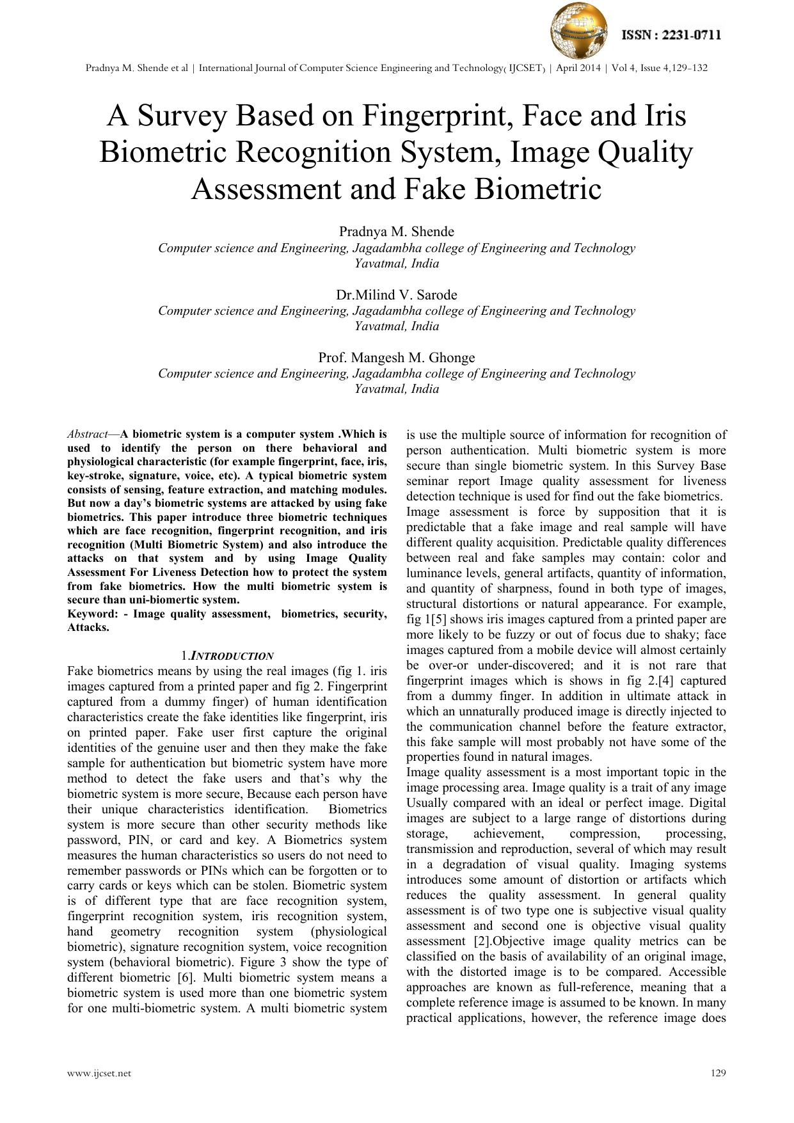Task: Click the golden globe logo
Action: coord(580,29)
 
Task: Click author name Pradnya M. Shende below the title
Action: coord(397,232)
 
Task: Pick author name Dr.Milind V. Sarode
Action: coord(397,295)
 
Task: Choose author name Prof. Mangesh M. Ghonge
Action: coord(397,358)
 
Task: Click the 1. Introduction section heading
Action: coord(228,656)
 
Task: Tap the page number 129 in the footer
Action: coord(719,1073)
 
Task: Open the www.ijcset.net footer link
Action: coord(99,1073)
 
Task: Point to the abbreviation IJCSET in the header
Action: coord(526,68)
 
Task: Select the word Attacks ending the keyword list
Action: coord(88,628)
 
